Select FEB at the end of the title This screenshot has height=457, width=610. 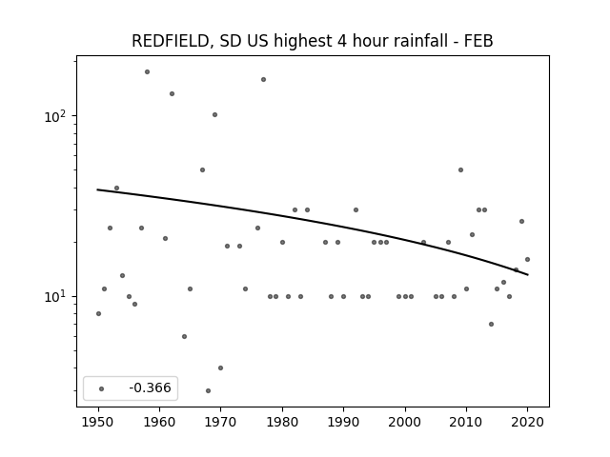pos(478,41)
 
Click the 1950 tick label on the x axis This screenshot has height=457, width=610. pos(98,422)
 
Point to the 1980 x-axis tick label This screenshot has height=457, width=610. pos(282,422)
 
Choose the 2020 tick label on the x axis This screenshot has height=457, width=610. pos(527,422)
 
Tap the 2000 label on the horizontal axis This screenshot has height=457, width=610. pos(405,422)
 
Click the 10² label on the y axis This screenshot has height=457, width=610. pos(54,116)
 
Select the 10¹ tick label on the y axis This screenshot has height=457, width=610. pos(54,297)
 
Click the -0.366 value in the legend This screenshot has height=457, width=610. pos(150,387)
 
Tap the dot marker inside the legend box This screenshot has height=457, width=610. pos(102,388)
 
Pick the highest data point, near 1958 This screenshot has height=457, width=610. pos(147,72)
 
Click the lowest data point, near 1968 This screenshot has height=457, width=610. pos(208,390)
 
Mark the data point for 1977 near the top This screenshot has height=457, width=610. pos(263,80)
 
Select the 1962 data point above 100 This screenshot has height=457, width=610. pos(172,93)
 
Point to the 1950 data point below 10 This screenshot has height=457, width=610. pos(98,313)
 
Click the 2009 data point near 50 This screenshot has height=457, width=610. pos(460,169)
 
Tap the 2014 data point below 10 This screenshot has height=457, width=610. pos(492,324)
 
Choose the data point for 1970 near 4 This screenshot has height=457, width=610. pos(220,368)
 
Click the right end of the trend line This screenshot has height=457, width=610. pos(527,275)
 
